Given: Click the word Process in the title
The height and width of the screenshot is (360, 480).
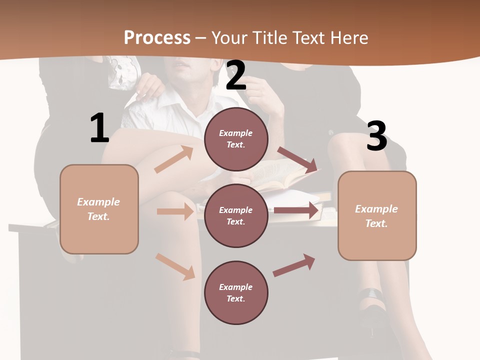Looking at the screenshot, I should coord(157,37).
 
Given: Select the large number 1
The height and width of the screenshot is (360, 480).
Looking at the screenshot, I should coord(99,128).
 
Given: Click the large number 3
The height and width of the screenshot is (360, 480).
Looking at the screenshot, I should coord(376,136).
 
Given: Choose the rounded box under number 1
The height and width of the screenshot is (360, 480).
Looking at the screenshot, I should coord(99,209).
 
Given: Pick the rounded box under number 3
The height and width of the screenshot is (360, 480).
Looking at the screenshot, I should coord(377,215).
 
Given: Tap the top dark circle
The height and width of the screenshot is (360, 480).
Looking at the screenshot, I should coord(236,139).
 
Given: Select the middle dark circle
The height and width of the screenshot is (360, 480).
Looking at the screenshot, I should coord(236,215).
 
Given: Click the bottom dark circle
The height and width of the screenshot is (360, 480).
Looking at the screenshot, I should coord(236,292).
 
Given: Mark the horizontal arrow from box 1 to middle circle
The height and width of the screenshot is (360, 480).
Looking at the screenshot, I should coord(175,211).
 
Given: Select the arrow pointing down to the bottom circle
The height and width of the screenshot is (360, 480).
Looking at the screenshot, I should coord(175,266).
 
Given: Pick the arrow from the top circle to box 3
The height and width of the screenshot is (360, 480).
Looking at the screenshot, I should coord(297,159).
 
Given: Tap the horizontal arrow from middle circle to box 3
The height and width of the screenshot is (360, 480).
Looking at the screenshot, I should coord(296,210).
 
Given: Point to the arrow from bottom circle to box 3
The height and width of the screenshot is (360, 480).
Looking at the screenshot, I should coord(294,265).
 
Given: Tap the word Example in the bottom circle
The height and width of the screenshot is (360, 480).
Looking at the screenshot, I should coord(236,287).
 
